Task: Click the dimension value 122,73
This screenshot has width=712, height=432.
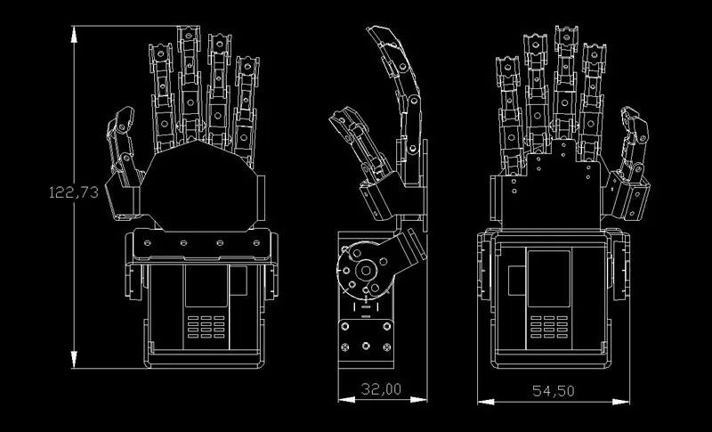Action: pyautogui.click(x=74, y=192)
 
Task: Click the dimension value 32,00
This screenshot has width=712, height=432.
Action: pyautogui.click(x=381, y=389)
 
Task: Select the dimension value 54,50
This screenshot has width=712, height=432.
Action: pyautogui.click(x=553, y=391)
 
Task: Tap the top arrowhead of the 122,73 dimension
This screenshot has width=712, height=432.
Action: pyautogui.click(x=74, y=35)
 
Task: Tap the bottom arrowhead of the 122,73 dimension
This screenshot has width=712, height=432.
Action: pyautogui.click(x=74, y=359)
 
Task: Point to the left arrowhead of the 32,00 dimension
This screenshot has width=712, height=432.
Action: pyautogui.click(x=346, y=400)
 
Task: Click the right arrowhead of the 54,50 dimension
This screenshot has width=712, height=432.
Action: pyautogui.click(x=620, y=402)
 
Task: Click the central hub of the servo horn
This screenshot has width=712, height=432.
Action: pyautogui.click(x=365, y=271)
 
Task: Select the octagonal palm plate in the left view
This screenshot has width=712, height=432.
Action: pyautogui.click(x=198, y=186)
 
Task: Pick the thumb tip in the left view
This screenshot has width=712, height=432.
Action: pyautogui.click(x=125, y=113)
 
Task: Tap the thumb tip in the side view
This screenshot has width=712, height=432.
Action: pyautogui.click(x=340, y=116)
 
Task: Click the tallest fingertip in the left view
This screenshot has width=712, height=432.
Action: pyautogui.click(x=189, y=33)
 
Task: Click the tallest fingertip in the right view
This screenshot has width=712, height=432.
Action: pyautogui.click(x=566, y=33)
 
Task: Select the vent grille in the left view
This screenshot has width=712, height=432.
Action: pyautogui.click(x=206, y=327)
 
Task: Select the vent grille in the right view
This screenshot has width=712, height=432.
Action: pyautogui.click(x=549, y=327)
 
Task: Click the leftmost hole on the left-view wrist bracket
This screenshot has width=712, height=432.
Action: pyautogui.click(x=148, y=243)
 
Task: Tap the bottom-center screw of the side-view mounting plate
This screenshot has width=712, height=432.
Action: pyautogui.click(x=366, y=346)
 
